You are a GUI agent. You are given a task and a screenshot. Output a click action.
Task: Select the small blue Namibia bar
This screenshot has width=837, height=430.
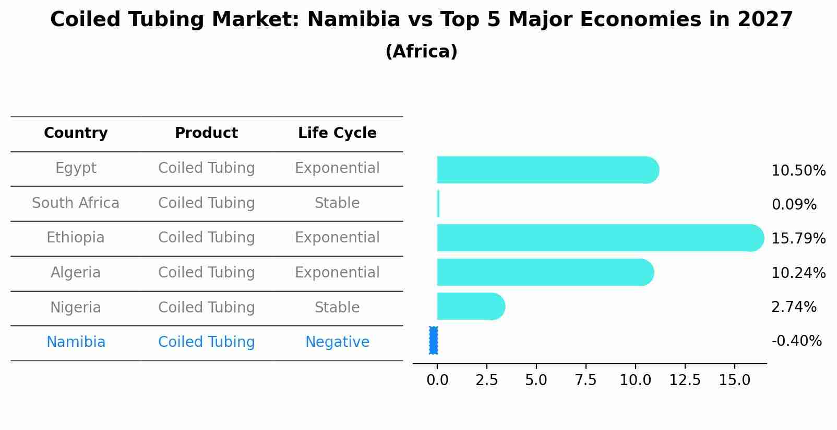pos(434,340)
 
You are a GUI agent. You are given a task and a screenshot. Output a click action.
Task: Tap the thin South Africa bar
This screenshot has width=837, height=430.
pos(438,204)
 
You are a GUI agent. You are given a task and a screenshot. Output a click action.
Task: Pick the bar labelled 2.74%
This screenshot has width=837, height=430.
pos(470,306)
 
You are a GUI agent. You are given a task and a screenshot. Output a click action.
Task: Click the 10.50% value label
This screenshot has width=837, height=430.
pos(798,171)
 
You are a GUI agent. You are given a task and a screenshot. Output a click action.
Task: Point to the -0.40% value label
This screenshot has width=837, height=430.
pos(796,341)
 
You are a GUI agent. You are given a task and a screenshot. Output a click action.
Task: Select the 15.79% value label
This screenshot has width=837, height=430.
pos(798,239)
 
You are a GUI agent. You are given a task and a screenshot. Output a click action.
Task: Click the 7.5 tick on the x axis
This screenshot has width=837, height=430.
pos(585,380)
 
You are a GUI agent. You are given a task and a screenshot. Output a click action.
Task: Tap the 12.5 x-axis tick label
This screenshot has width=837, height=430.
pos(685,380)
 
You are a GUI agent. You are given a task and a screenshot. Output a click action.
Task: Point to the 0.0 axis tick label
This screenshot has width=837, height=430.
pos(437,380)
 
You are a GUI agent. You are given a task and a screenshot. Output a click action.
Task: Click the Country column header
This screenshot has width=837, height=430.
pos(76,133)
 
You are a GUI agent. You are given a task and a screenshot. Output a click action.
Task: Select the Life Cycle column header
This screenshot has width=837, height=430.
pos(337,133)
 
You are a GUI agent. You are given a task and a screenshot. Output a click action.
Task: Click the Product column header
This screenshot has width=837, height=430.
pos(206,133)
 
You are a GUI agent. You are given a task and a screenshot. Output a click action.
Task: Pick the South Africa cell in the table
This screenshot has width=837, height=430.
pos(76,203)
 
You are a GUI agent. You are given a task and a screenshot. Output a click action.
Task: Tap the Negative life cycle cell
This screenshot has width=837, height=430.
pos(337,342)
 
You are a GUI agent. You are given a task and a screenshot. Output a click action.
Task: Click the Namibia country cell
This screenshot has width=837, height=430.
pos(76,342)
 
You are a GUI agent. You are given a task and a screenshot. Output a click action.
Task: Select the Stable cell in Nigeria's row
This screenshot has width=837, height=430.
pos(337,308)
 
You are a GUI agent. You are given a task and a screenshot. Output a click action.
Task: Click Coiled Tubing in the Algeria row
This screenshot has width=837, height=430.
pos(206,273)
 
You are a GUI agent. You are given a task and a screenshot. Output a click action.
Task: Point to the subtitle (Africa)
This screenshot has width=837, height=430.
pos(421,52)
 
